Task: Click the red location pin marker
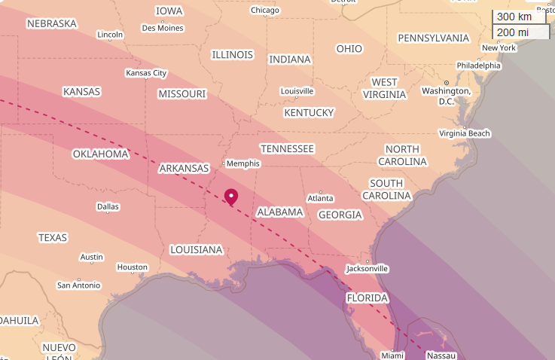click(231, 197)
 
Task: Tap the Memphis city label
click(242, 163)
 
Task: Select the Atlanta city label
click(320, 198)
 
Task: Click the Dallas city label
click(108, 206)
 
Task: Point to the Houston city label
click(133, 267)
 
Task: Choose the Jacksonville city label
click(367, 268)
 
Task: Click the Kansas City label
click(146, 73)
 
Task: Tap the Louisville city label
click(297, 91)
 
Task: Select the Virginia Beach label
click(465, 133)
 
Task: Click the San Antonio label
click(78, 285)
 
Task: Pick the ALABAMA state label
click(280, 212)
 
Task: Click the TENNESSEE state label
click(287, 149)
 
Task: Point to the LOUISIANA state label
click(197, 250)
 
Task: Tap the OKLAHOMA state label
click(101, 154)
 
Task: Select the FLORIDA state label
click(367, 298)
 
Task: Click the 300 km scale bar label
click(514, 17)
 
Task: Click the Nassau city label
click(441, 355)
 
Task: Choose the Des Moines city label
click(163, 29)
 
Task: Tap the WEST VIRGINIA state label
click(385, 88)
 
